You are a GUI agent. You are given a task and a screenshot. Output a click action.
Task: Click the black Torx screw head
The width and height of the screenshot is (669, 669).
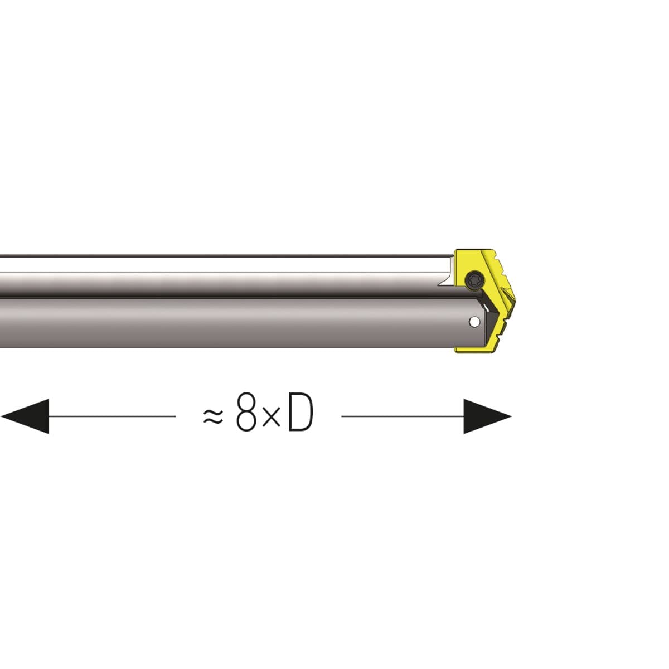point(473,280)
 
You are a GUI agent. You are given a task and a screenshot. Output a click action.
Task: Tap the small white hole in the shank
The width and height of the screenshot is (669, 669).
point(473,322)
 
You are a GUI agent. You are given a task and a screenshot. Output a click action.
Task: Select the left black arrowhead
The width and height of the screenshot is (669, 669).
point(25,416)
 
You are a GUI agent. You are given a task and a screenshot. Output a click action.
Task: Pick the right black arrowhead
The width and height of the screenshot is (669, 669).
point(487,416)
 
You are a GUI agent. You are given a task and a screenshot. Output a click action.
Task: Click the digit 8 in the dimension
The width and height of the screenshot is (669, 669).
point(246,413)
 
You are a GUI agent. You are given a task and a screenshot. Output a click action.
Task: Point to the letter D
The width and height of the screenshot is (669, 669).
point(300,413)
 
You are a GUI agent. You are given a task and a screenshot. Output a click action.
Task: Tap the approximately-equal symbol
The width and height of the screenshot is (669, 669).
point(213,416)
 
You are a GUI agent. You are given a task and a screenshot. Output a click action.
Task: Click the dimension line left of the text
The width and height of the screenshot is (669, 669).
point(112,416)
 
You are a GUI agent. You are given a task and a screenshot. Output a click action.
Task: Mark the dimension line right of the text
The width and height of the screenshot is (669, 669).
point(403,416)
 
